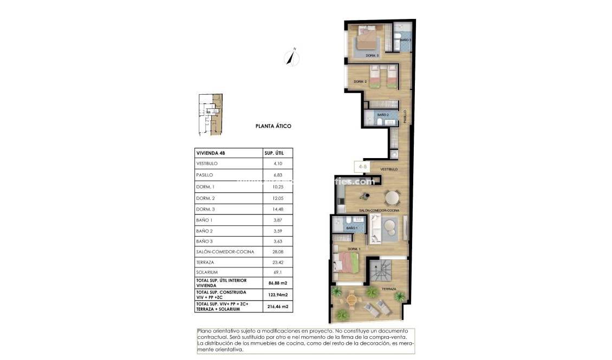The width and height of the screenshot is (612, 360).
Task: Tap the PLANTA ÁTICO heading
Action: [274, 126]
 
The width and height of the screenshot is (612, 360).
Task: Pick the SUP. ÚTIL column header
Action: [274, 153]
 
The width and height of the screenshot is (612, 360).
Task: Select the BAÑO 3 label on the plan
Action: [406, 40]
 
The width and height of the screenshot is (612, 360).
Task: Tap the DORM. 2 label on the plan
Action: [361, 82]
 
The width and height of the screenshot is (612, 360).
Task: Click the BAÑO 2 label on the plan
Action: [383, 115]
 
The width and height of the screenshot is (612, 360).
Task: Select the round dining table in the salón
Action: [392, 197]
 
